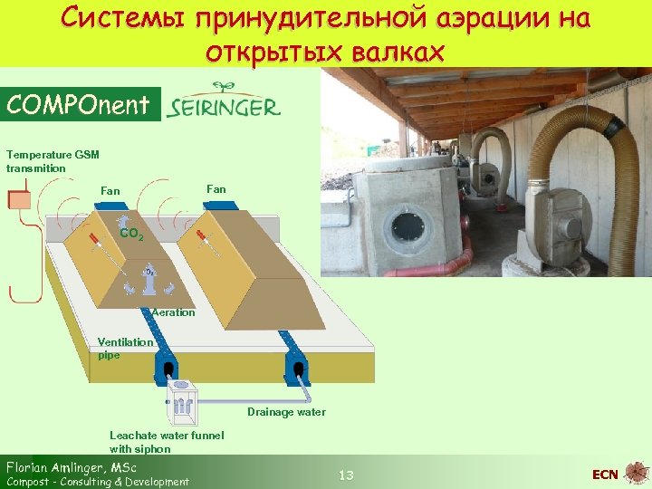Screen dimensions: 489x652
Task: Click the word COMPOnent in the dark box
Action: click(x=77, y=105)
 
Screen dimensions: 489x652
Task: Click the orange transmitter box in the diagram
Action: click(x=19, y=198)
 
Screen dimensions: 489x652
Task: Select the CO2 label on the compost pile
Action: click(x=131, y=234)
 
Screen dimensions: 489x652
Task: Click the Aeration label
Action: click(x=173, y=312)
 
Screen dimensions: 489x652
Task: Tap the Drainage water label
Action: click(x=286, y=412)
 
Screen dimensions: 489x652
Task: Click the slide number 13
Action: click(x=345, y=475)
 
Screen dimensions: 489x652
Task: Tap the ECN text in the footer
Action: click(x=605, y=475)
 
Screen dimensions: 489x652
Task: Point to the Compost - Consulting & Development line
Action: click(x=98, y=482)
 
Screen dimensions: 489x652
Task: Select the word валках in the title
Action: click(x=398, y=52)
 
